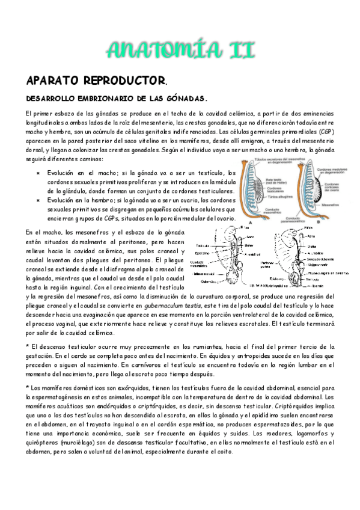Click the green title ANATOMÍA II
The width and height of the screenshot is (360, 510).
180,49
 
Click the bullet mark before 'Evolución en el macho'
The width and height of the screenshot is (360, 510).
37,173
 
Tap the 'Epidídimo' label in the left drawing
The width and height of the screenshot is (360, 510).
202,253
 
